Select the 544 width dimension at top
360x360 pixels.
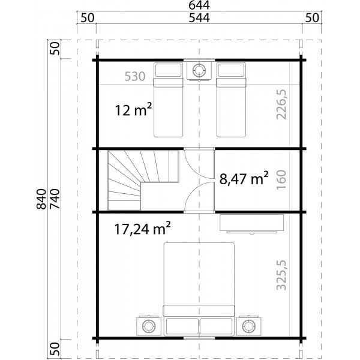point(199,17)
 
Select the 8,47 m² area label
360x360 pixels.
point(242,178)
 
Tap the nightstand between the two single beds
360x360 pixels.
point(198,70)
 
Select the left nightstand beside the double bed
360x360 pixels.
point(148,326)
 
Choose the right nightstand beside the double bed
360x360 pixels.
point(248,326)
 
